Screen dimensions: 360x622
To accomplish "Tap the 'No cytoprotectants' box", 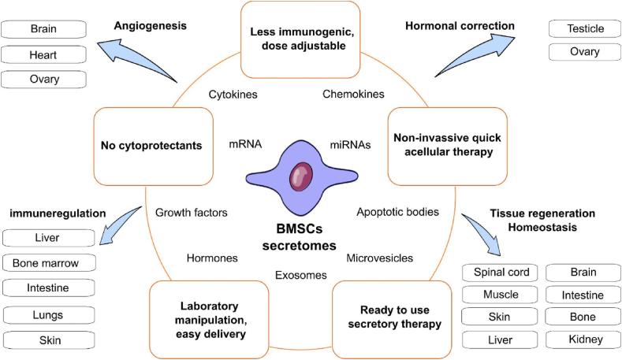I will click(152, 145).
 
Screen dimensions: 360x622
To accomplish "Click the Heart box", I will click(43, 54).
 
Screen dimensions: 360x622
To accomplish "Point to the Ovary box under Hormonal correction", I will click(584, 52).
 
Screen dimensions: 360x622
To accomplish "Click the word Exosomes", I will click(300, 275).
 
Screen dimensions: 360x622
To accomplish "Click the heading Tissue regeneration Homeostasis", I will click(542, 220).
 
